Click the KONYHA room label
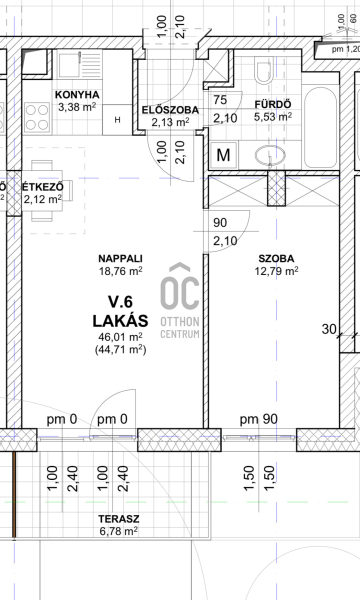[x=77, y=95]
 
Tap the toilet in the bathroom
[x=263, y=70]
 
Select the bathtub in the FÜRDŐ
[x=321, y=127]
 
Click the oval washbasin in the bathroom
[x=270, y=156]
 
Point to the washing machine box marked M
[x=223, y=155]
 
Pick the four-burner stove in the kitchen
[x=37, y=118]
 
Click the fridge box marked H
[x=118, y=120]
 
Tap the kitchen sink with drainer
[x=80, y=65]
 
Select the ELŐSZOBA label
[x=170, y=110]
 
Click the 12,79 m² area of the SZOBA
[x=277, y=271]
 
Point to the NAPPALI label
[x=121, y=259]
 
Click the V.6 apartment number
[x=121, y=302]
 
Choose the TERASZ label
[x=119, y=519]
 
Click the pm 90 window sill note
[x=259, y=419]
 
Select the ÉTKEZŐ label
[x=42, y=187]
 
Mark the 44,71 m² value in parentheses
[x=121, y=349]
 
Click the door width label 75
[x=220, y=100]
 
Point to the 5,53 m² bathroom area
[x=273, y=116]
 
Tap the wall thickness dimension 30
[x=329, y=329]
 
